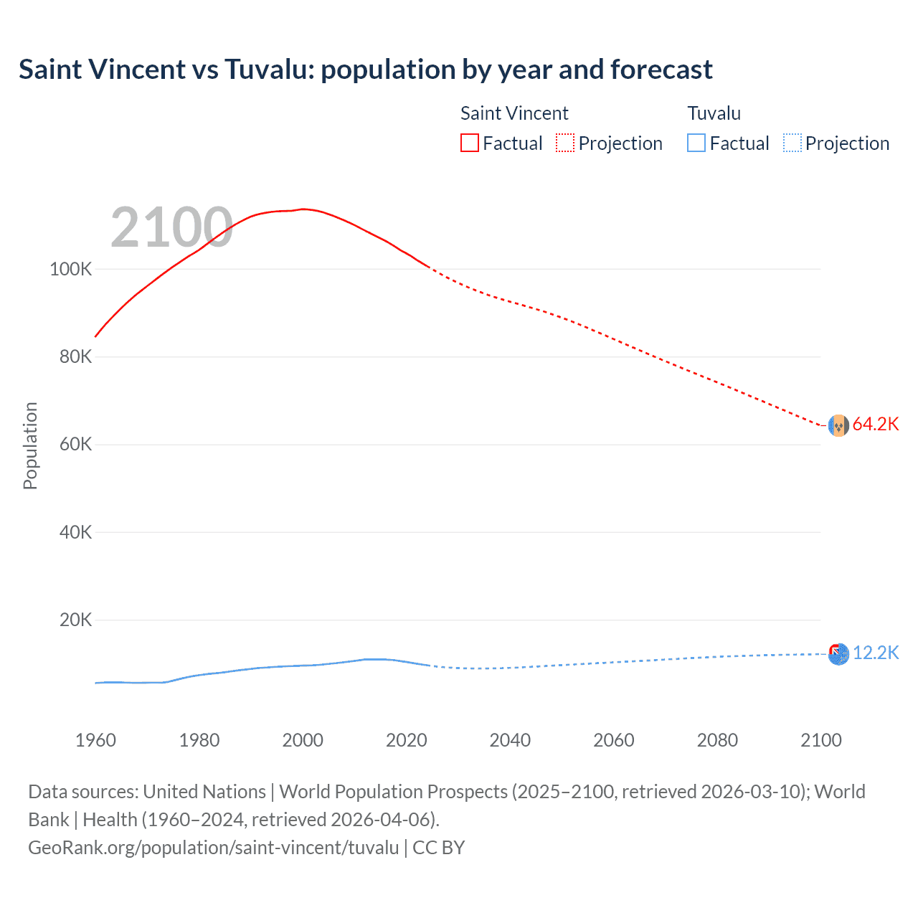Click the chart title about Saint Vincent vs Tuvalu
(366, 70)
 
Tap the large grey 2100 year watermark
(171, 227)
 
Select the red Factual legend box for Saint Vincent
(469, 143)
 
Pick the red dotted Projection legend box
(565, 143)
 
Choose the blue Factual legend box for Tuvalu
(696, 143)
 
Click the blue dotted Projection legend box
(792, 143)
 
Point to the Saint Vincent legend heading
(514, 113)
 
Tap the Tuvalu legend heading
(714, 113)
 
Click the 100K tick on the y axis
(71, 270)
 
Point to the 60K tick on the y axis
(75, 445)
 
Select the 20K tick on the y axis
(75, 620)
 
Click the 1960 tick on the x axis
(95, 740)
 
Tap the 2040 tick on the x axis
(510, 740)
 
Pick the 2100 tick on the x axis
(820, 740)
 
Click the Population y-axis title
(30, 445)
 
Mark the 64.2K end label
(875, 425)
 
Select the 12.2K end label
(875, 653)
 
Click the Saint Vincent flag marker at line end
(838, 425)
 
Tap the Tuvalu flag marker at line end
(838, 654)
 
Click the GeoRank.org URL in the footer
(213, 848)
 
